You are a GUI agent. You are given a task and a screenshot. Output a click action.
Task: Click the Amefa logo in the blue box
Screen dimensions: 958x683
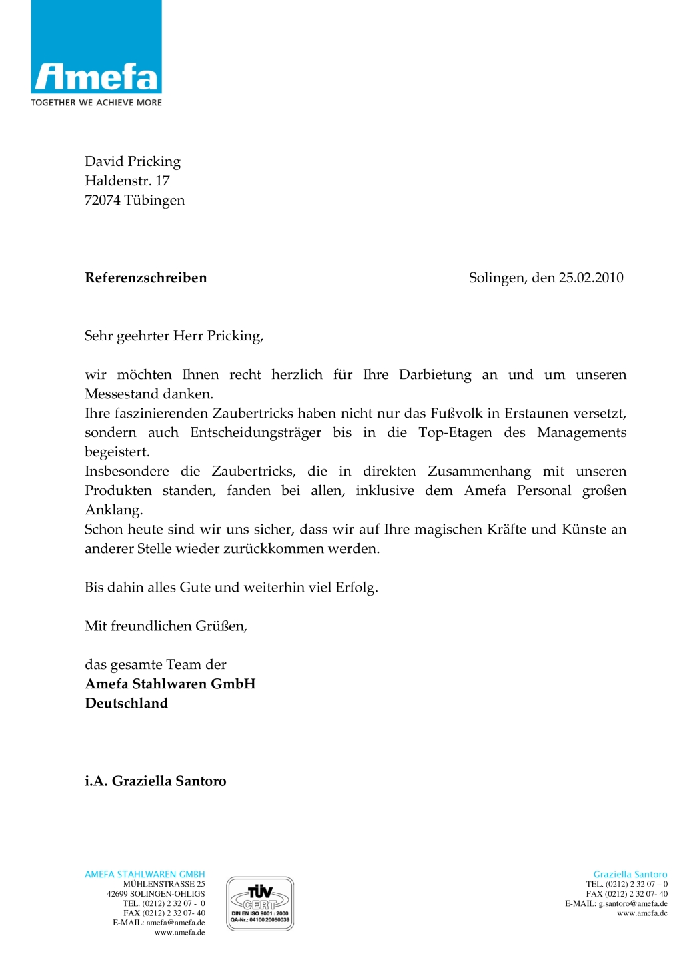coord(96,77)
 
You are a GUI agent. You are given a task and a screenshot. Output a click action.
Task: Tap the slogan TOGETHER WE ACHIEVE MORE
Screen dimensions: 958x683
coord(96,103)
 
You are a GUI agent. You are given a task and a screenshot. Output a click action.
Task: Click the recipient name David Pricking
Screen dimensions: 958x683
coord(133,161)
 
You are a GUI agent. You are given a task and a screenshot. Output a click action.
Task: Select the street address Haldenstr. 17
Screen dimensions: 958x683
coord(127,181)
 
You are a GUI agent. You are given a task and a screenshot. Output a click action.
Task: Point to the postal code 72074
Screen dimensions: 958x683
coord(102,200)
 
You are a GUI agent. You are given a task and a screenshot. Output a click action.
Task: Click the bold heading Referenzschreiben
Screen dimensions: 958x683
coord(145,278)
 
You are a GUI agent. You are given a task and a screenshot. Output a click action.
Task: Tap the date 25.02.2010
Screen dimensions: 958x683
coord(590,278)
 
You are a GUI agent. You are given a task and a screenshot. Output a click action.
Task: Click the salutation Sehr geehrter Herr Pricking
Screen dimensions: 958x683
coord(173,336)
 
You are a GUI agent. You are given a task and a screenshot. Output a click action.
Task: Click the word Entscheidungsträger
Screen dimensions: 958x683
coord(255,432)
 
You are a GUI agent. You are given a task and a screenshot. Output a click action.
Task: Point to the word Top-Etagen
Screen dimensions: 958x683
coord(455,432)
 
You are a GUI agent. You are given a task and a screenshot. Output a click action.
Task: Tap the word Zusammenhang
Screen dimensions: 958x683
coord(479,471)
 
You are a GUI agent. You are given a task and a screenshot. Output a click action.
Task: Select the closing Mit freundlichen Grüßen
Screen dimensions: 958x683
coord(165,626)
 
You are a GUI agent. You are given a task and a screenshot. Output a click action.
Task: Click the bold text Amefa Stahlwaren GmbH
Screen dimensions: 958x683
coord(170,684)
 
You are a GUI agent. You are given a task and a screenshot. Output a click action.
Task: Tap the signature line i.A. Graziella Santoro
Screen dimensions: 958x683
coord(155,781)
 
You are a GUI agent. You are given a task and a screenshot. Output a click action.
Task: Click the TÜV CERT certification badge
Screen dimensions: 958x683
coord(260,903)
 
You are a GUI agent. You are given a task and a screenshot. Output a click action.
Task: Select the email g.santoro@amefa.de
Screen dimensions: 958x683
coord(632,903)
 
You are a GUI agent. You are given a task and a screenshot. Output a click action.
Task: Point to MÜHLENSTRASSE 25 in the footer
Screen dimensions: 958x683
coord(164,884)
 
